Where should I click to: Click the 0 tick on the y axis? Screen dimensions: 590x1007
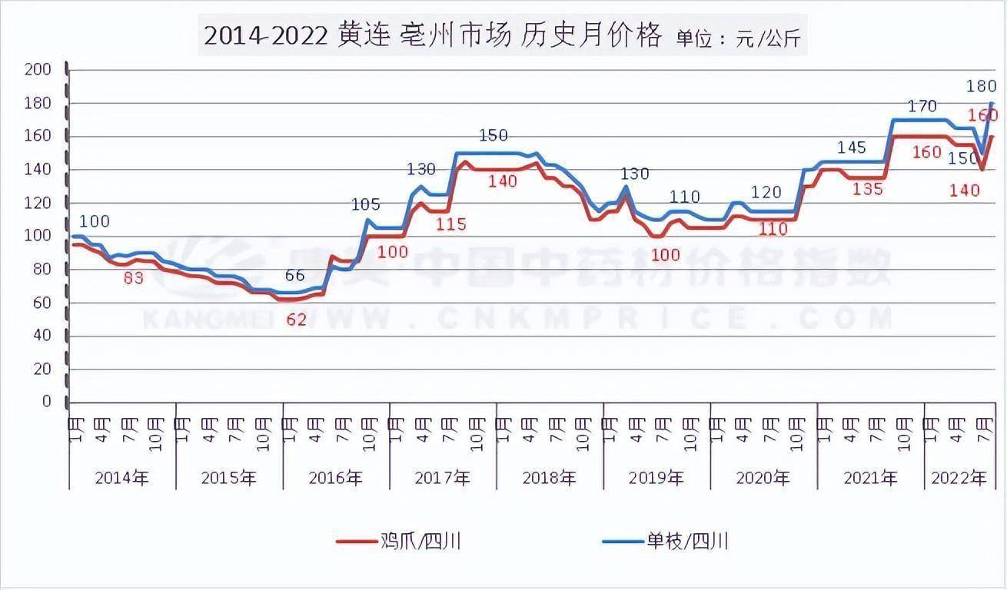46,402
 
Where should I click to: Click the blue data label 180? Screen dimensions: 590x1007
982,85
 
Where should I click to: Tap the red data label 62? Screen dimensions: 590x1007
296,320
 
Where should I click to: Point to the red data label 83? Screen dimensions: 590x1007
134,278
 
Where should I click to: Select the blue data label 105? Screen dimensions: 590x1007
366,204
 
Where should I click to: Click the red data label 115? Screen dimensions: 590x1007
451,224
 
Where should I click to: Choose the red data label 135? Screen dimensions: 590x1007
868,189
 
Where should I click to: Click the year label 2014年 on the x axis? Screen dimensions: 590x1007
122,478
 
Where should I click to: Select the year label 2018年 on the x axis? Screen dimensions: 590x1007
549,478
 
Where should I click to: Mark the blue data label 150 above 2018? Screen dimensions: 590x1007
493,136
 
